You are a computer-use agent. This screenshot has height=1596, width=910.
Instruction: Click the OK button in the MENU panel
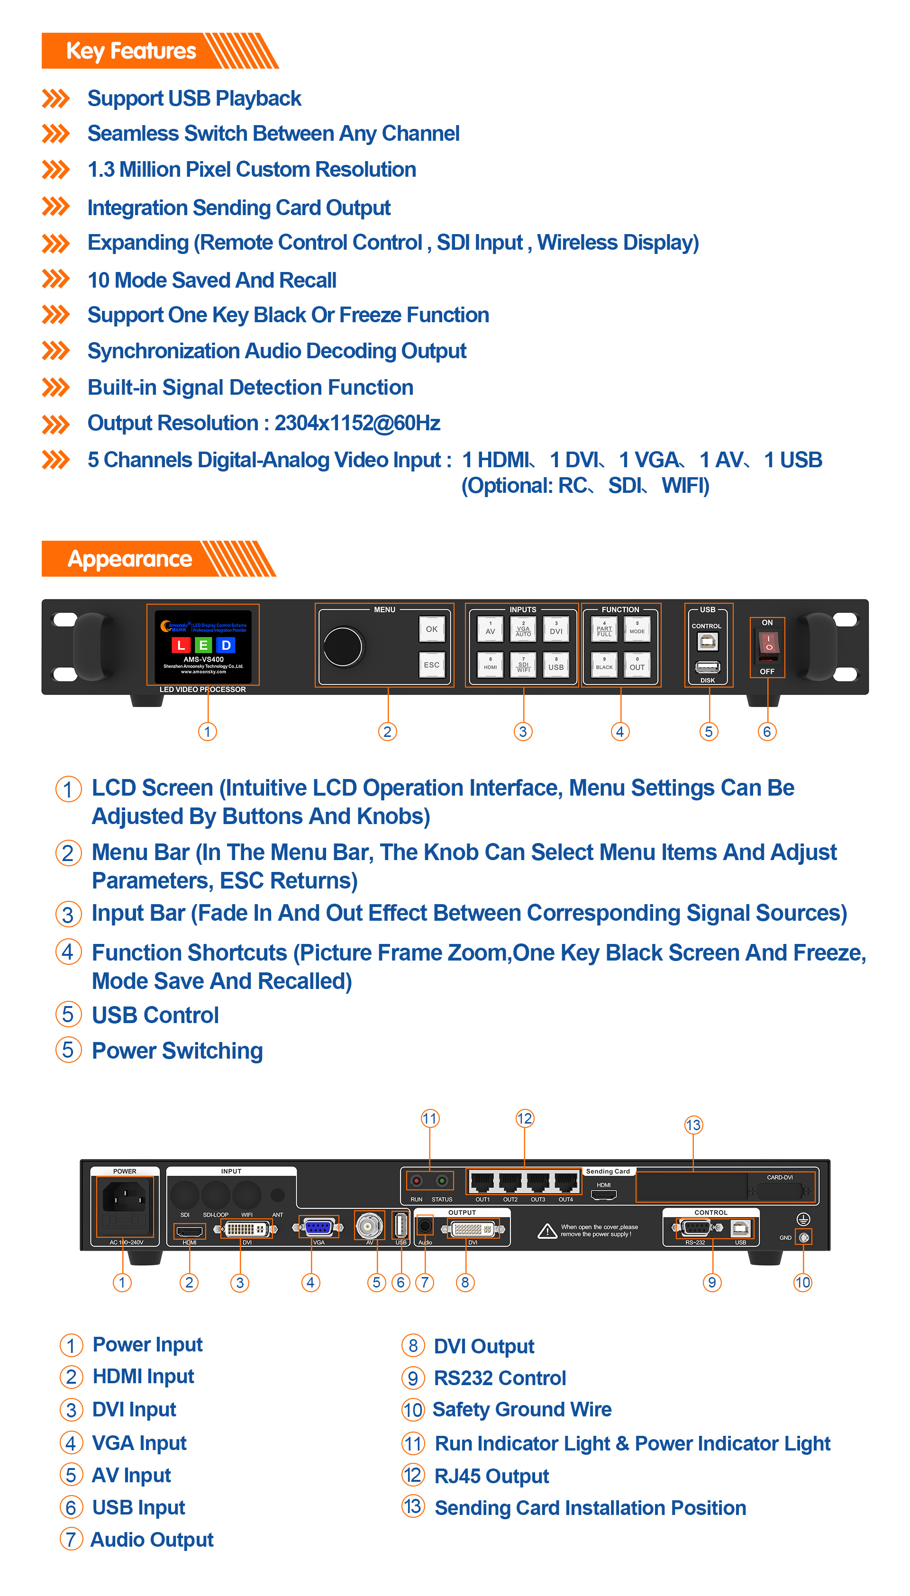pyautogui.click(x=431, y=629)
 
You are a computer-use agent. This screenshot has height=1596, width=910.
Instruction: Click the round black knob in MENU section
pyautogui.click(x=343, y=646)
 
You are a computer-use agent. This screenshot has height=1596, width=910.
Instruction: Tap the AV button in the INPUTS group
pyautogui.click(x=490, y=629)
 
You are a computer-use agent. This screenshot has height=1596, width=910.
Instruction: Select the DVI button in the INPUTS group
pyautogui.click(x=555, y=629)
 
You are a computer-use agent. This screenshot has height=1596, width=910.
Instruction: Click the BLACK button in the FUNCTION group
pyautogui.click(x=604, y=664)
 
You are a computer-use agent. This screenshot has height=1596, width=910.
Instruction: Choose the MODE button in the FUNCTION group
pyautogui.click(x=637, y=629)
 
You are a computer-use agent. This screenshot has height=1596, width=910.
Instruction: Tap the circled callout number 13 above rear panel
pyautogui.click(x=693, y=1125)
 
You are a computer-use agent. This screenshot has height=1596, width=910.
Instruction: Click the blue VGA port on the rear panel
pyautogui.click(x=319, y=1227)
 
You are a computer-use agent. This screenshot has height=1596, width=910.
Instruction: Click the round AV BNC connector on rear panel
pyautogui.click(x=369, y=1225)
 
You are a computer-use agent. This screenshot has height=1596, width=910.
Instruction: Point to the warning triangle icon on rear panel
pyautogui.click(x=547, y=1231)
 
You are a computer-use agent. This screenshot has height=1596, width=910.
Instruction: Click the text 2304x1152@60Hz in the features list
pyautogui.click(x=357, y=423)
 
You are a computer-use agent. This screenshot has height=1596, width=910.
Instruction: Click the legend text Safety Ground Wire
pyautogui.click(x=521, y=1409)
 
